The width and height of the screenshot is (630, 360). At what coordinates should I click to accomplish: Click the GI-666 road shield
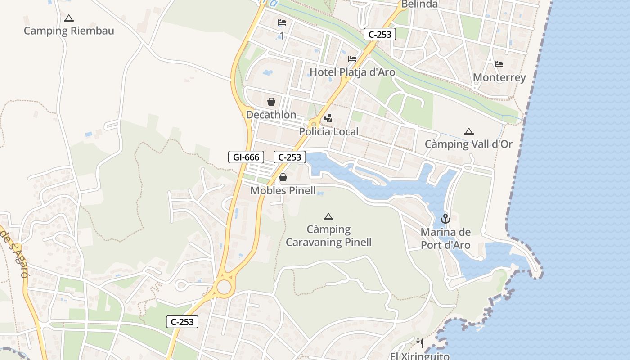246,157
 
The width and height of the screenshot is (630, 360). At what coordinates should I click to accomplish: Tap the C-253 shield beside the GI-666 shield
290,157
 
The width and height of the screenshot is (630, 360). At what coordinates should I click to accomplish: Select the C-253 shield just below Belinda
380,34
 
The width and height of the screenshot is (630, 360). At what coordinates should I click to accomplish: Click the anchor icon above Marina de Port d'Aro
445,219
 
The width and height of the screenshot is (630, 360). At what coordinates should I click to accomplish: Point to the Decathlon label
271,115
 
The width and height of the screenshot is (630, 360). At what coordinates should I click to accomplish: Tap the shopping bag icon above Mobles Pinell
283,177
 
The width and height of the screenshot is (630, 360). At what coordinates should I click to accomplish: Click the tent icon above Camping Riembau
68,18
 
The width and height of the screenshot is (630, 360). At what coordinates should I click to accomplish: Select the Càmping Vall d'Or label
469,144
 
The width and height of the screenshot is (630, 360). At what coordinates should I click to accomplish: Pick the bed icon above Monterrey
499,64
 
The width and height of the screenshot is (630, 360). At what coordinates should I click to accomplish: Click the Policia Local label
329,132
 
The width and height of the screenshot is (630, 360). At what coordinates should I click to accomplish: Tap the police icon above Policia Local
328,118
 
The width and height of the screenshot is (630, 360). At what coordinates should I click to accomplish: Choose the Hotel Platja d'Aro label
352,72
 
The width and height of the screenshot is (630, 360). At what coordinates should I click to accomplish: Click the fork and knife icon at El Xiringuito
420,343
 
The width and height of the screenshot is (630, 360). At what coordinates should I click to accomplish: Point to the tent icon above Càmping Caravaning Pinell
328,216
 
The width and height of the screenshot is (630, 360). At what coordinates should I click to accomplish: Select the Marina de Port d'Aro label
445,238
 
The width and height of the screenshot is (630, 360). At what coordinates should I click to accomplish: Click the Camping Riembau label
69,31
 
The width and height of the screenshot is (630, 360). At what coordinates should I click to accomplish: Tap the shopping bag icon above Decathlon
271,102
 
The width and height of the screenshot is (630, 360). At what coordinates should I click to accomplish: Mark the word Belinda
419,4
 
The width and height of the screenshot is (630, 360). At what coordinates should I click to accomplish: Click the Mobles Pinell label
283,190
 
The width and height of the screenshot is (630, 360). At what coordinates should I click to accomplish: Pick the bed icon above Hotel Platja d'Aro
352,59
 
